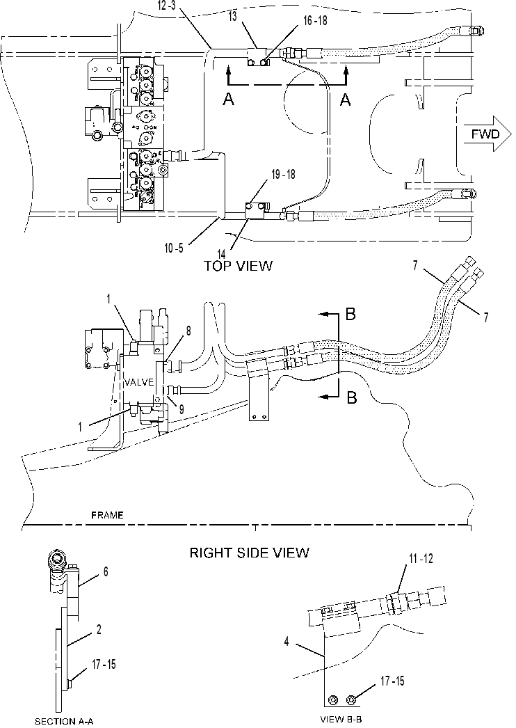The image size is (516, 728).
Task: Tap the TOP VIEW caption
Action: [x=238, y=266]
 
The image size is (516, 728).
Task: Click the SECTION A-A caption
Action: [x=64, y=721]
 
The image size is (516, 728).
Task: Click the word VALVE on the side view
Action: [x=139, y=382]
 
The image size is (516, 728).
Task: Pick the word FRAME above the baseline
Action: [x=107, y=515]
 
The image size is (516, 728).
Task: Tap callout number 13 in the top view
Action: [x=233, y=17]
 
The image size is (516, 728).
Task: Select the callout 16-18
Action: [x=313, y=22]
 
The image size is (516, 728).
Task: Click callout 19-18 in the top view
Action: [x=282, y=175]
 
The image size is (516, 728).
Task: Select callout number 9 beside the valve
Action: [x=182, y=409]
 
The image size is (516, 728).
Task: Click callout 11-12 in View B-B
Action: [x=421, y=559]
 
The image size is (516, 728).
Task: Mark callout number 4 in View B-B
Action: [x=287, y=642]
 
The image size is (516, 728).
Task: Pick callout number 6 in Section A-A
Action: [x=106, y=571]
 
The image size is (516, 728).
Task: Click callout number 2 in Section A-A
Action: [x=99, y=630]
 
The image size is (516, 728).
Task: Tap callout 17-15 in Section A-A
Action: [x=104, y=665]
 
